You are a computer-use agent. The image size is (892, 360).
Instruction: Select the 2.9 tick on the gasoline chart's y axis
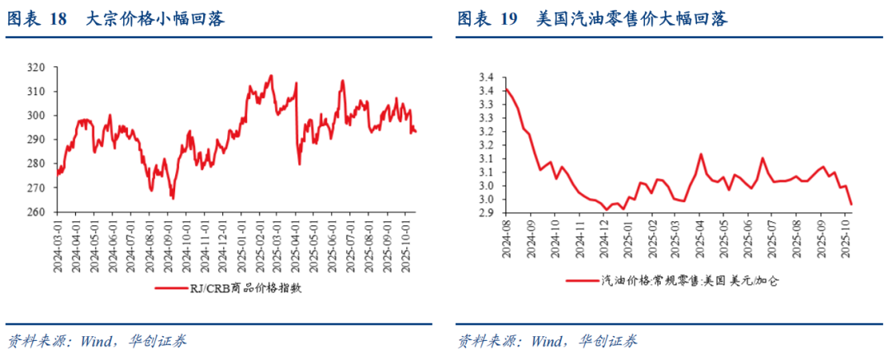486,213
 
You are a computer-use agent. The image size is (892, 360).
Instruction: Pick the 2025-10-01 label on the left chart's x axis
405,243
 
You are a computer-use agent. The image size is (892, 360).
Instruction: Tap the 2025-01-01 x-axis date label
242,243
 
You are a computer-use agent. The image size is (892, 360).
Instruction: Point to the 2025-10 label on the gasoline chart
845,239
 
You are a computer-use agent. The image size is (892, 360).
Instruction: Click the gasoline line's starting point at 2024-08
505,89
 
